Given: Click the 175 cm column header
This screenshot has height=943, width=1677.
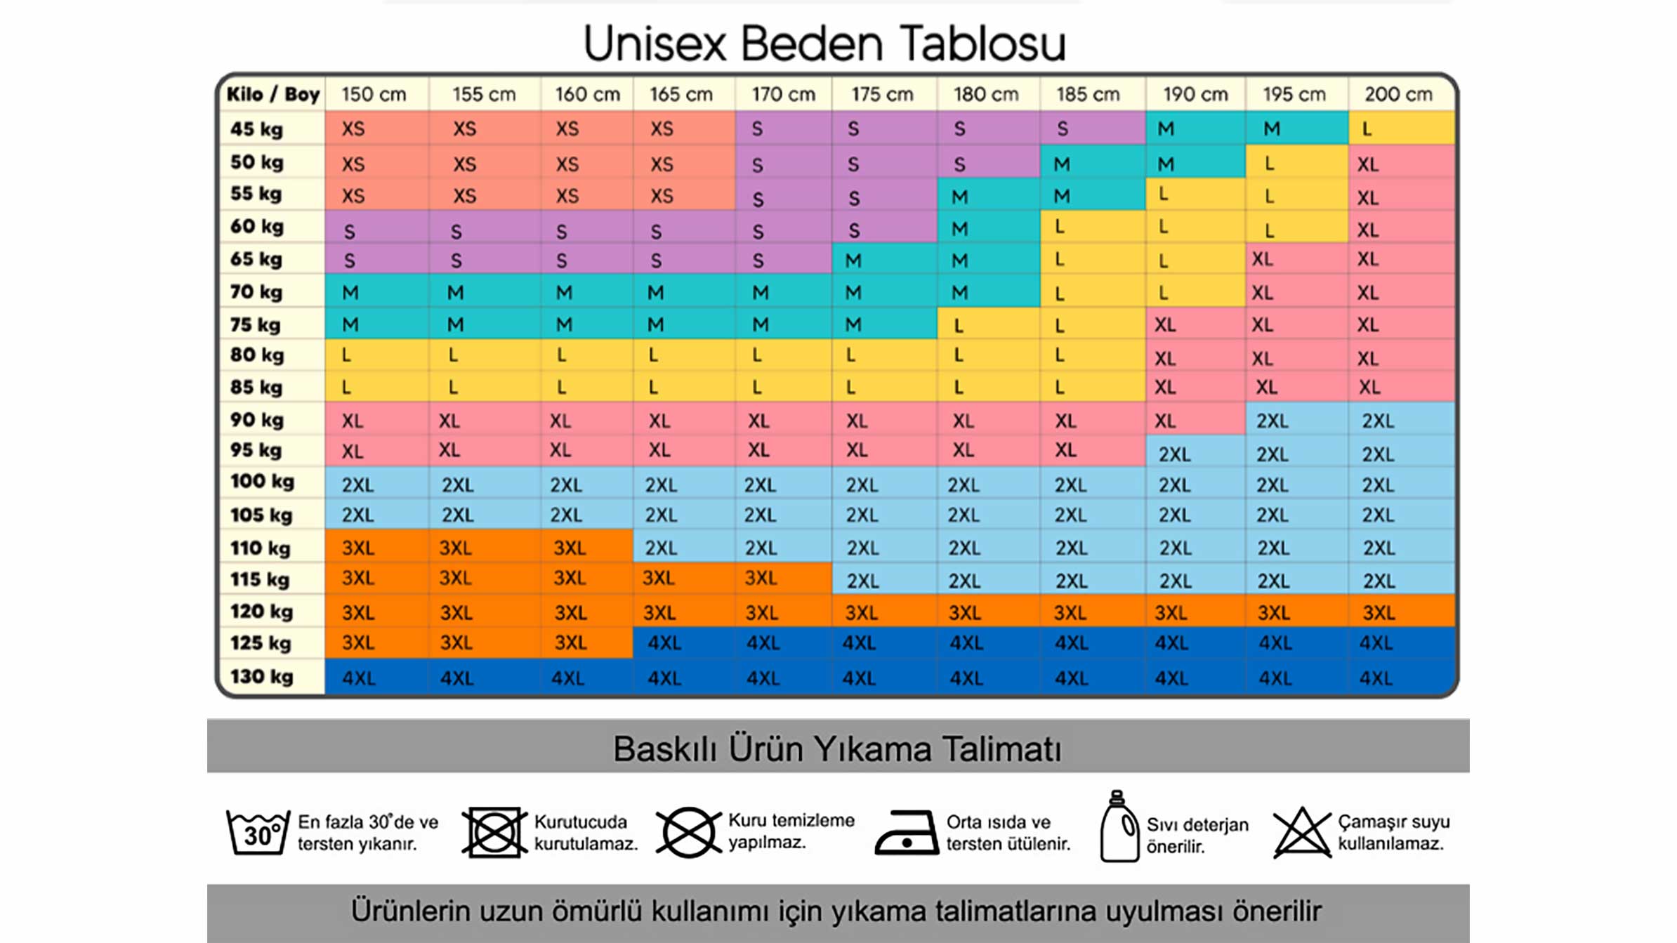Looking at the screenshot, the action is point(883,94).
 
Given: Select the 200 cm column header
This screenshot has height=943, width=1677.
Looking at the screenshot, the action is point(1399,94).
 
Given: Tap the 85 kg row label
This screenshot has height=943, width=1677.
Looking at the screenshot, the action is point(257,387).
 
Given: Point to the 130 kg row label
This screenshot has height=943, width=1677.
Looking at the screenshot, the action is point(261,677).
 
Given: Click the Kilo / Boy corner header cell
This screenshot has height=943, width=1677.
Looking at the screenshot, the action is point(273,94).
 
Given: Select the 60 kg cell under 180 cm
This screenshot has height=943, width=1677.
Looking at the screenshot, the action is point(988,228).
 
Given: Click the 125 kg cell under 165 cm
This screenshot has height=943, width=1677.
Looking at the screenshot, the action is point(683,642).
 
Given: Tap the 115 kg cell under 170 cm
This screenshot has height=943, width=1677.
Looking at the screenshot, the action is point(783,578).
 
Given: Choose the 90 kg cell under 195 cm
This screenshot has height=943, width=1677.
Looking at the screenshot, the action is point(1296,421).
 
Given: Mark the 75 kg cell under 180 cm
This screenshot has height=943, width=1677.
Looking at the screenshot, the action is point(988,324).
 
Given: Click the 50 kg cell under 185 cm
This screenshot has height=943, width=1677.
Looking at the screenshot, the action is point(1093,164).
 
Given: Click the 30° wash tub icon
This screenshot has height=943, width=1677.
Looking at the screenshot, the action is point(258,832).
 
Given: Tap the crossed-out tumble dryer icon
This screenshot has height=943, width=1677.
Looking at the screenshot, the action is point(494,832).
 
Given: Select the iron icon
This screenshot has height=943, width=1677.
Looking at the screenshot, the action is point(907,833).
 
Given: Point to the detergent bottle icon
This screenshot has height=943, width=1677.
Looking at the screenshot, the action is point(1119,826).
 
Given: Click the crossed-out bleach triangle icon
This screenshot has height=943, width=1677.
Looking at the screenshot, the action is point(1302,833).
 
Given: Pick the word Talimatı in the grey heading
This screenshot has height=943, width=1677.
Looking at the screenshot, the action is point(1001,749).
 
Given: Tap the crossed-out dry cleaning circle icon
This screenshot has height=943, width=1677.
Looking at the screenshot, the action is point(688,832).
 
